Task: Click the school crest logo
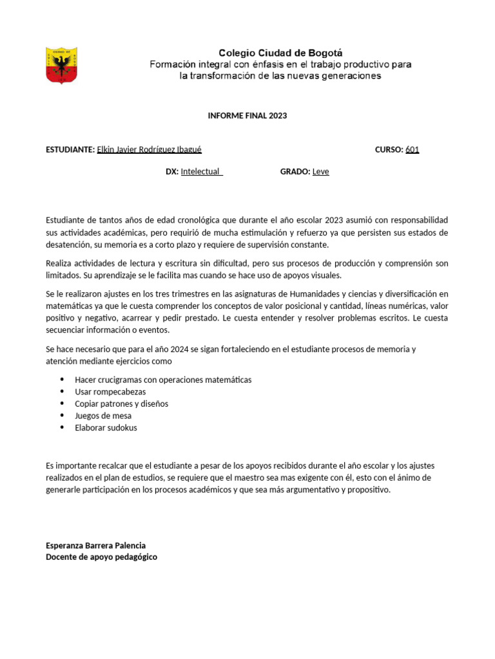pyautogui.click(x=62, y=65)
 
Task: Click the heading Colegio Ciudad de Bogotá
pyautogui.click(x=280, y=53)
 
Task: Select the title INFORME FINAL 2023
pyautogui.click(x=247, y=116)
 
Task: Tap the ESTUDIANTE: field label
pyautogui.click(x=70, y=150)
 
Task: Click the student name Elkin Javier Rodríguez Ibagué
pyautogui.click(x=149, y=150)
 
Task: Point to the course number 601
pyautogui.click(x=412, y=150)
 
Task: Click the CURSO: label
pyautogui.click(x=389, y=150)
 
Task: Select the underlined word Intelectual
pyautogui.click(x=201, y=172)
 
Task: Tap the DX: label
pyautogui.click(x=171, y=172)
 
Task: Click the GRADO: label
pyautogui.click(x=295, y=172)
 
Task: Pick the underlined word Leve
pyautogui.click(x=320, y=172)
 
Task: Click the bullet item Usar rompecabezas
pyautogui.click(x=110, y=392)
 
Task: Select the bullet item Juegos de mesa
pyautogui.click(x=103, y=416)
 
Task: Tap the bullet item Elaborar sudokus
pyautogui.click(x=106, y=428)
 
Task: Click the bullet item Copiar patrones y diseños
pyautogui.click(x=121, y=404)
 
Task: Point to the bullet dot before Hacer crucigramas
pyautogui.click(x=62, y=380)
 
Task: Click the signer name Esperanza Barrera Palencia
pyautogui.click(x=95, y=546)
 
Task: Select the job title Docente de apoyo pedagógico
pyautogui.click(x=101, y=557)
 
